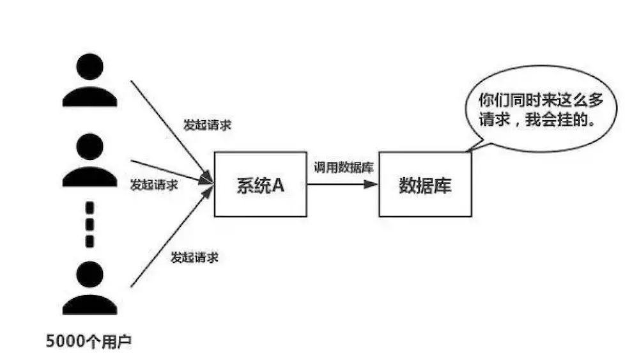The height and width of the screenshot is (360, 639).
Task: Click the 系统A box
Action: click(259, 184)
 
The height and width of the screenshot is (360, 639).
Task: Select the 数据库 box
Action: click(425, 184)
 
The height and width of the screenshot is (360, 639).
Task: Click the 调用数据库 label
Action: click(343, 168)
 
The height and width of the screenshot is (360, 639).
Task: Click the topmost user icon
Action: click(89, 81)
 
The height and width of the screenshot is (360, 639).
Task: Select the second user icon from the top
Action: click(89, 159)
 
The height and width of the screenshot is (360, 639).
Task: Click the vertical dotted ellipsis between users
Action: click(89, 224)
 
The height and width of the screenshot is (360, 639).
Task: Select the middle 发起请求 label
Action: click(153, 185)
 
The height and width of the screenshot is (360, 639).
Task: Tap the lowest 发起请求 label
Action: click(194, 258)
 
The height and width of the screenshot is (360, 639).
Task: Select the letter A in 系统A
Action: click(278, 185)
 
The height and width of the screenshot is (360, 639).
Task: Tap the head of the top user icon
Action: click(89, 67)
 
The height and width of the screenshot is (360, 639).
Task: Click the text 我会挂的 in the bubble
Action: click(559, 120)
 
